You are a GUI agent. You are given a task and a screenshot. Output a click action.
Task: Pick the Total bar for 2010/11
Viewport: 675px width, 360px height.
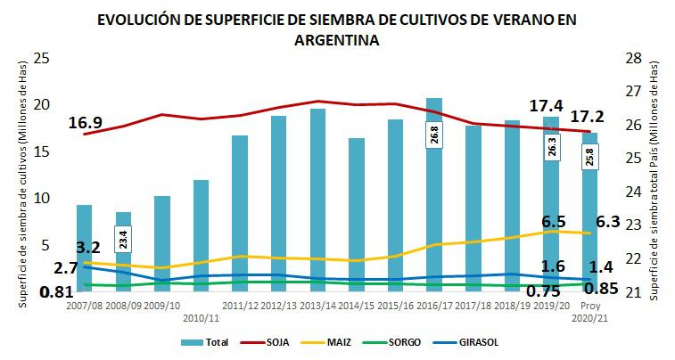point(201,235)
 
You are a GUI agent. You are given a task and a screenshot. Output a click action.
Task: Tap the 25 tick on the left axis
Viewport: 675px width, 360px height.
point(41,58)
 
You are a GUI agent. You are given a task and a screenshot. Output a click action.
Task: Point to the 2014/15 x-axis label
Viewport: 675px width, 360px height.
point(356,305)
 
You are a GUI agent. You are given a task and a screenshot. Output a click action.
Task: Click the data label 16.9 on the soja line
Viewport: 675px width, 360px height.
point(85,122)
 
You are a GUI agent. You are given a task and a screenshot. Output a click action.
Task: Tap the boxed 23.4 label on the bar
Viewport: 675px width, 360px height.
point(123,239)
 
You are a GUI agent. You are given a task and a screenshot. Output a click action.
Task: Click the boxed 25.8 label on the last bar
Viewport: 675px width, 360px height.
point(589,157)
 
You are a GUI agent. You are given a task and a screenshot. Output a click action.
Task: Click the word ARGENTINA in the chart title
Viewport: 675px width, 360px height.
point(337,40)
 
